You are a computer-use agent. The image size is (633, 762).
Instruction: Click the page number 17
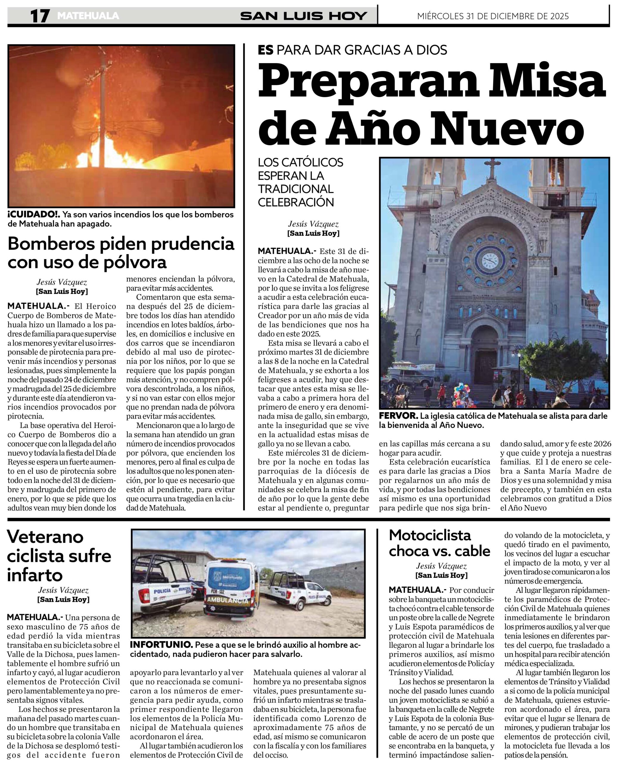coord(40,16)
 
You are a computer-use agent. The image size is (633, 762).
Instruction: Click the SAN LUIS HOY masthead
coord(303,16)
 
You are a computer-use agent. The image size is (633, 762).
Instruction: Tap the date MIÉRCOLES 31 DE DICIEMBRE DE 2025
coord(493,16)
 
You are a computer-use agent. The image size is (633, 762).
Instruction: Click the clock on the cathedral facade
coord(490,260)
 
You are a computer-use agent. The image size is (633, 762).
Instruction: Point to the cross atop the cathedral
coord(492,167)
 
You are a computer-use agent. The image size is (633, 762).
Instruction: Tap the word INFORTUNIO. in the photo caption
coord(161,645)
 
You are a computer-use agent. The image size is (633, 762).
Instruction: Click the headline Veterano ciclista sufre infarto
coord(59,555)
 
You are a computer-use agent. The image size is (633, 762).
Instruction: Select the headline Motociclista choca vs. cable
coord(439,543)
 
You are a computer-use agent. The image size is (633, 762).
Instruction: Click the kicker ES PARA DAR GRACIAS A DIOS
coord(352,50)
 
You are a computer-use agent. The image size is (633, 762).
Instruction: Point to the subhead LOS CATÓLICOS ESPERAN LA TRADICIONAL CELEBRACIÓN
coord(300,182)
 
